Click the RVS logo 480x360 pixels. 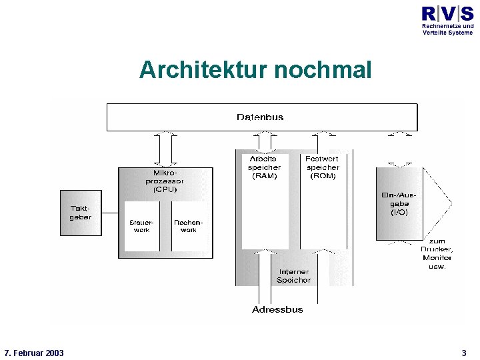coord(447,13)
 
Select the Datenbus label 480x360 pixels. coord(260,117)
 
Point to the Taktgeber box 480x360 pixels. coord(81,213)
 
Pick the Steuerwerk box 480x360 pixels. coord(141,226)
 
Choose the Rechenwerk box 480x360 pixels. coord(189,226)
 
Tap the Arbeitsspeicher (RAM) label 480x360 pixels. coord(264,168)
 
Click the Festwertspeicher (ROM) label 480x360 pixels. coord(322,168)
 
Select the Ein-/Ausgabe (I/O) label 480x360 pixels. coord(399,203)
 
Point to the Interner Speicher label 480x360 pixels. coord(293,276)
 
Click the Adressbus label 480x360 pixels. coord(277,309)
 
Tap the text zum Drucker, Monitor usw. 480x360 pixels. coord(437,253)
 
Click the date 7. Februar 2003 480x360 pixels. coord(34,353)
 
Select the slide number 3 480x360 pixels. coord(464,353)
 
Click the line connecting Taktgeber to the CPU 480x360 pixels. coord(110,213)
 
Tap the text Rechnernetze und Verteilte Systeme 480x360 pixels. coord(447,29)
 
